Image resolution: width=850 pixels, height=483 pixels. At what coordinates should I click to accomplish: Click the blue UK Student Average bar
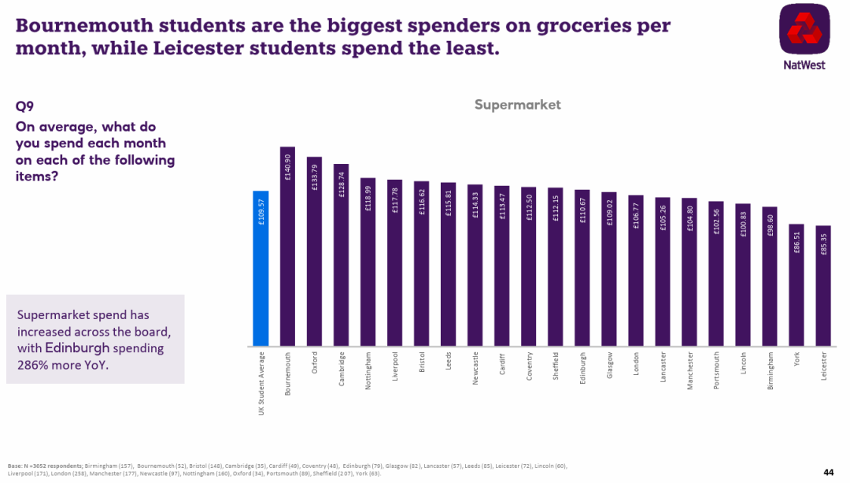pos(261,268)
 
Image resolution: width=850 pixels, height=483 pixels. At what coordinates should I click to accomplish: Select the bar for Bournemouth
pos(287,246)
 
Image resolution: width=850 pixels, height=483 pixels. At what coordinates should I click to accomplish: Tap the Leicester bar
pos(823,285)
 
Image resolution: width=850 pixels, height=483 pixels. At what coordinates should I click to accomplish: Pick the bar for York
pos(796,284)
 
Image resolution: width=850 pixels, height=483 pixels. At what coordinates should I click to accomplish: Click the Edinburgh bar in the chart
pos(582,268)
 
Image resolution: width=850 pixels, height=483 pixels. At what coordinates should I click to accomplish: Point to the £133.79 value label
pos(315,176)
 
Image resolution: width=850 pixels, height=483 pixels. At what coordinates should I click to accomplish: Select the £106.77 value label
pos(637,214)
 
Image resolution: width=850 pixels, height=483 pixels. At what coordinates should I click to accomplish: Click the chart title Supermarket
pos(517,105)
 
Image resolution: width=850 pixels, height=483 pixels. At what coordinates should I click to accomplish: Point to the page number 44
pos(828,472)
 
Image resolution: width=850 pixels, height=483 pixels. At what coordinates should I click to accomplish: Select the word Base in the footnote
pos(15,466)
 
